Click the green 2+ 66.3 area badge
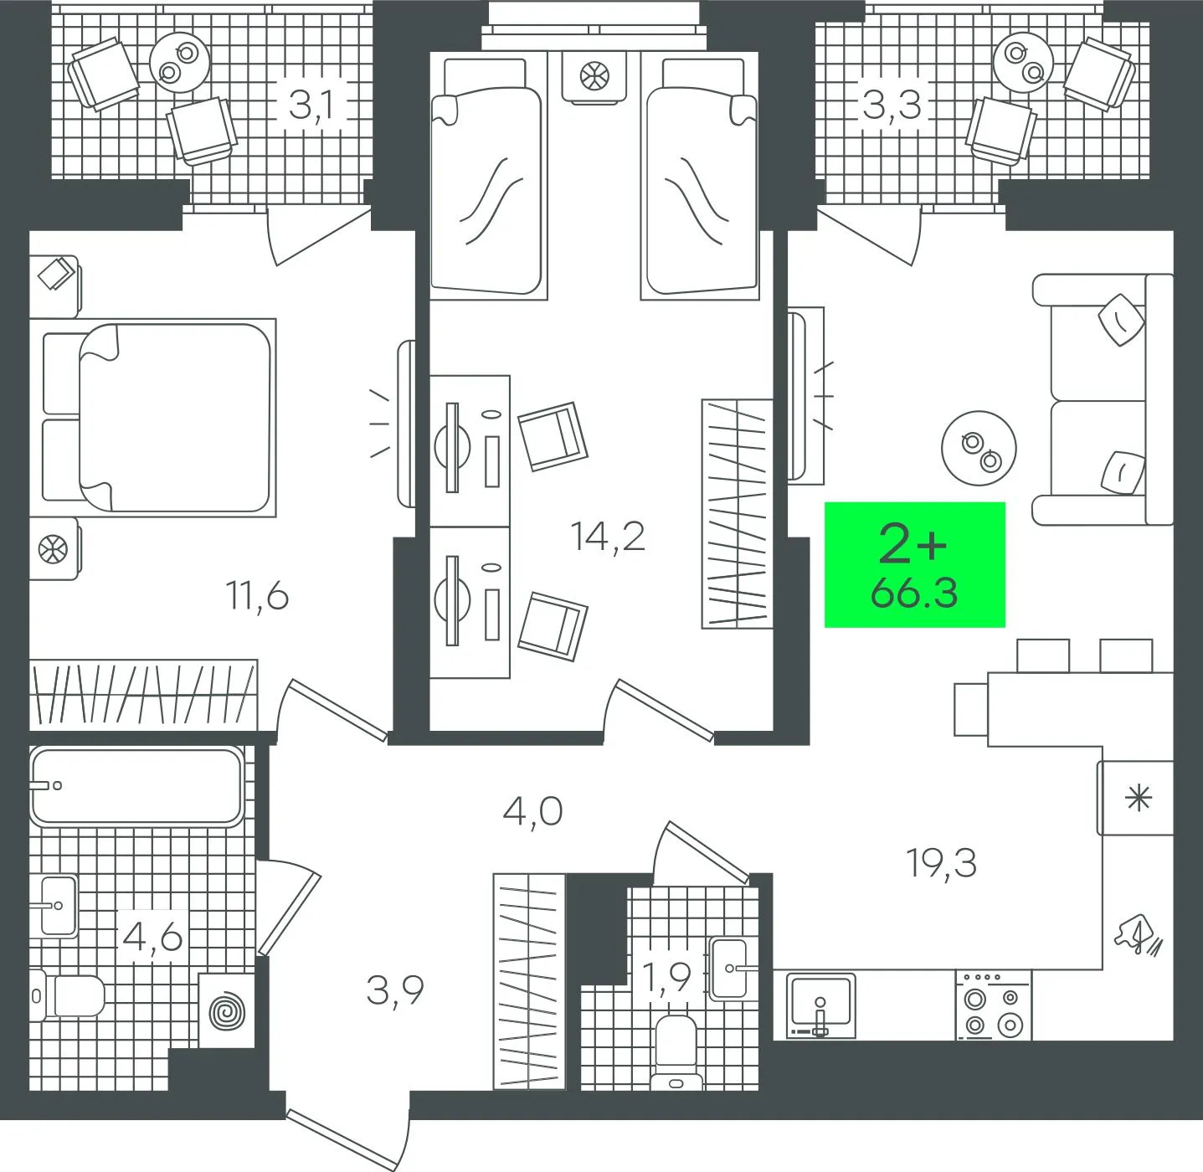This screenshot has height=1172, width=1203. [914, 564]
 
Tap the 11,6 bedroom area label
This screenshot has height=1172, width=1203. [258, 597]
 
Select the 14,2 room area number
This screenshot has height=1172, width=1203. [608, 536]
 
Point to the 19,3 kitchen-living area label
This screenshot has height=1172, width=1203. [941, 863]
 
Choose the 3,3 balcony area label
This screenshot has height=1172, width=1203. [892, 105]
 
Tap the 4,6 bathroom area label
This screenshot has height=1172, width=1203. [152, 938]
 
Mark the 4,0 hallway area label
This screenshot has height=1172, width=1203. [532, 812]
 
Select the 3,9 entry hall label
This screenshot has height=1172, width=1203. [395, 990]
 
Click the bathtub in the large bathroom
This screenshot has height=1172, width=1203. [136, 786]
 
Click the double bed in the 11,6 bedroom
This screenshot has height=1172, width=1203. [159, 418]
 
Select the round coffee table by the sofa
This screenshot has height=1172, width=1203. [979, 449]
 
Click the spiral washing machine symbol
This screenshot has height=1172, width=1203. [227, 1011]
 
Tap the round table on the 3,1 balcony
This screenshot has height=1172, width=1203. [180, 63]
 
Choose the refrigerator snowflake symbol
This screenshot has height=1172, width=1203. [1138, 798]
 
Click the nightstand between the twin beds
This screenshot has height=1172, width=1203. [594, 77]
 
